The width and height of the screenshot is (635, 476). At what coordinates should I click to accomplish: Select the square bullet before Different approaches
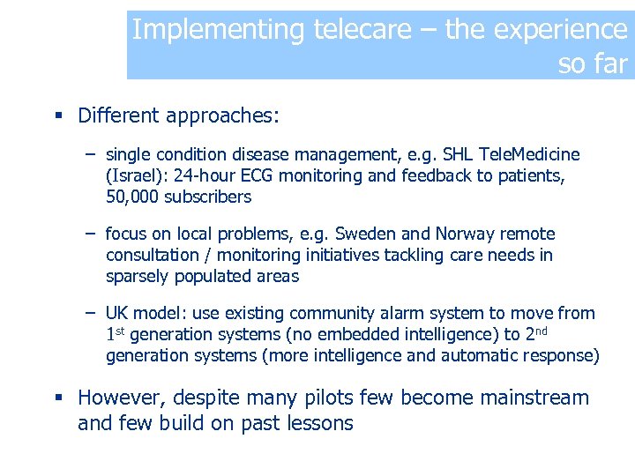click(57, 116)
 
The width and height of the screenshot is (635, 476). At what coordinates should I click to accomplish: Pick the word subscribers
click(207, 197)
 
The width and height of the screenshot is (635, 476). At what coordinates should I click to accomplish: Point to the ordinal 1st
click(116, 334)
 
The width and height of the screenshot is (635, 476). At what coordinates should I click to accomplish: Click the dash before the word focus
click(91, 234)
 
